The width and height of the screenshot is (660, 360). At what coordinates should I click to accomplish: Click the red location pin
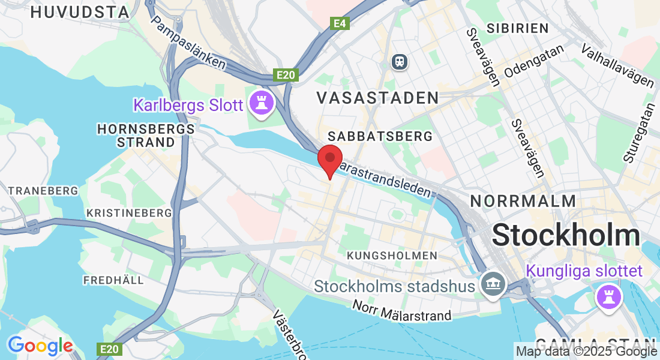[329, 160]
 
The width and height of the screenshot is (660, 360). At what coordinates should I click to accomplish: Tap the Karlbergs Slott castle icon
[262, 103]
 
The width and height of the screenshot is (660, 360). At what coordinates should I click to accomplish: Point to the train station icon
[398, 61]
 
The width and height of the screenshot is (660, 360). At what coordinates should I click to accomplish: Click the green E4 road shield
[340, 23]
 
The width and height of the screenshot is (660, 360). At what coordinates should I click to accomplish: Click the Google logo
[40, 346]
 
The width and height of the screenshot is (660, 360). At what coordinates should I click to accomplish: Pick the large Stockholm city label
[566, 235]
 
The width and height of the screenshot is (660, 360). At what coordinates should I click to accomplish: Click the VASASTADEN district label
[377, 97]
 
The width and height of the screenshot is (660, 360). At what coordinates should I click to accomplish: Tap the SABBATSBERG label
[380, 136]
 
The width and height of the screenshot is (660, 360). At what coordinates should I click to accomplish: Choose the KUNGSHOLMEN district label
[392, 256]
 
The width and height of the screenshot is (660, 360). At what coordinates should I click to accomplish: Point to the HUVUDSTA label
[79, 12]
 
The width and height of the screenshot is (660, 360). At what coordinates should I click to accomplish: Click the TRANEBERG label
[43, 190]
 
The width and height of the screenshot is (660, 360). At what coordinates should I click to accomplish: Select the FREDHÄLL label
[113, 280]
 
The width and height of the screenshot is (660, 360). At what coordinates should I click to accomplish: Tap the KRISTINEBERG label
[129, 212]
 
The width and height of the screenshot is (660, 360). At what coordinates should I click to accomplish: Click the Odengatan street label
[535, 62]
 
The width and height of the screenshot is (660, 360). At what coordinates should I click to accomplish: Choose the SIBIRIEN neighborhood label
[518, 28]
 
